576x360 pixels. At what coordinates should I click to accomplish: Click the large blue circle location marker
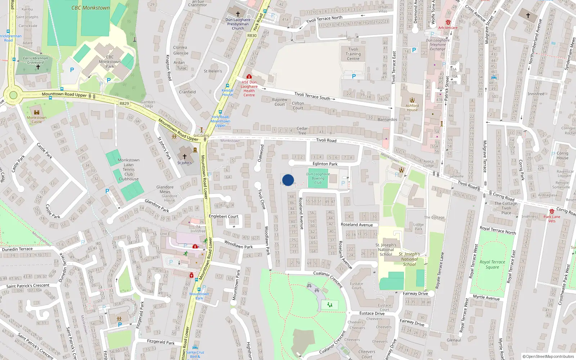(288, 180)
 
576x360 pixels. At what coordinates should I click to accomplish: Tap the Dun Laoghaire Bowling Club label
(318, 178)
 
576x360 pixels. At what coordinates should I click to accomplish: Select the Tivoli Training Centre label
(353, 54)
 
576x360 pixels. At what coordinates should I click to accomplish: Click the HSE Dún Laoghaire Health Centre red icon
(249, 77)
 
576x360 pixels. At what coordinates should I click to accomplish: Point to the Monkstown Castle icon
(36, 112)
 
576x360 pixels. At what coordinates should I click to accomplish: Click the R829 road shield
(124, 103)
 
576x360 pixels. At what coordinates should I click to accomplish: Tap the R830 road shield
(252, 36)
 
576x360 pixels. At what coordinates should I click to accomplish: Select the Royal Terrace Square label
(492, 264)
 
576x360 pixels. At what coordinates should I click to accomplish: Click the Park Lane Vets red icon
(552, 211)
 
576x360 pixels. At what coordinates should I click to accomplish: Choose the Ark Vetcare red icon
(448, 22)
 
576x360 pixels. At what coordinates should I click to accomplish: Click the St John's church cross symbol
(185, 157)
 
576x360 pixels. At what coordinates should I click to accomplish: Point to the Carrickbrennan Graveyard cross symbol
(38, 67)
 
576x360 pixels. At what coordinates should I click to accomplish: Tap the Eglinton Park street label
(325, 164)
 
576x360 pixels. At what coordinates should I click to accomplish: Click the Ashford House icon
(412, 100)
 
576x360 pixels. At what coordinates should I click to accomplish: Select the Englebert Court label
(224, 216)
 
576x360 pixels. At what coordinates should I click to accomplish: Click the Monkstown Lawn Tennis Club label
(129, 169)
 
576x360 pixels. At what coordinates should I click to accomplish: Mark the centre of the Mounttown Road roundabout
(13, 95)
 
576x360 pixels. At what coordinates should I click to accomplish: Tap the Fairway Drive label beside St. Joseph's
(415, 293)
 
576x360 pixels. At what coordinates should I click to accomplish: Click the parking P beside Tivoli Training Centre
(354, 76)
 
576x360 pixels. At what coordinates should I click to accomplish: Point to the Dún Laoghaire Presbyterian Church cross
(238, 14)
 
